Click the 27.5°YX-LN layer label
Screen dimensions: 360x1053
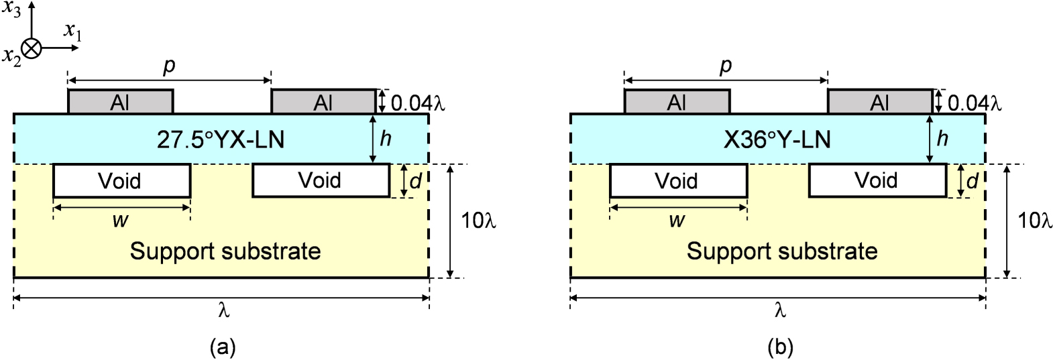coord(221,139)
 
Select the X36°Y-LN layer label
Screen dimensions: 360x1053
coord(777,139)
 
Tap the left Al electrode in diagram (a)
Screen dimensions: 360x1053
coord(121,102)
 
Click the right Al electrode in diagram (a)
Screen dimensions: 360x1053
coord(323,102)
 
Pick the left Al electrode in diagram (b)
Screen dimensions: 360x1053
coord(677,102)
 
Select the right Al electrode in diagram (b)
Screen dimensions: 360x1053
coord(879,102)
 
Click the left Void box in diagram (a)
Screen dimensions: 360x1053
coord(121,181)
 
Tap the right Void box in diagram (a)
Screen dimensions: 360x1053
coord(321,180)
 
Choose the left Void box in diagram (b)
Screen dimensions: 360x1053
coord(678,181)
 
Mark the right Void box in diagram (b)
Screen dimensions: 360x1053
coord(877,180)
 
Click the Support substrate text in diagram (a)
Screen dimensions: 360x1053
coord(225,251)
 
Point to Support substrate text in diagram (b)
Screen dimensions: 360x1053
coord(782,251)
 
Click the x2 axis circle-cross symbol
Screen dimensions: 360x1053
coord(32,48)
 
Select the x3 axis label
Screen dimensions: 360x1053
coord(11,9)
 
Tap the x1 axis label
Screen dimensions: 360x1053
coord(72,31)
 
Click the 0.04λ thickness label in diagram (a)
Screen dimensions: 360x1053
coord(417,103)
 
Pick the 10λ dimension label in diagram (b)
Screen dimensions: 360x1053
coord(1035,221)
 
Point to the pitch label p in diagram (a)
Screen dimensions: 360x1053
coord(169,66)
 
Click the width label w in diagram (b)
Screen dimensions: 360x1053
coord(677,221)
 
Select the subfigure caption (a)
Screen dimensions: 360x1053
coord(223,347)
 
